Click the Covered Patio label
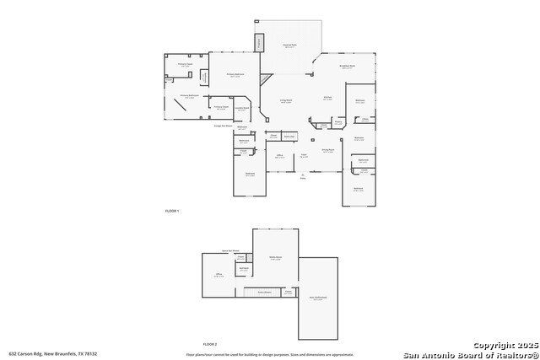(x=289, y=46)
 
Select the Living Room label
(x=287, y=100)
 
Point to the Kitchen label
(x=327, y=98)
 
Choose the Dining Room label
(x=328, y=150)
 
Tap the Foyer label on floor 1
(x=303, y=155)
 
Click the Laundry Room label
(x=241, y=109)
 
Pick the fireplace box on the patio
(x=260, y=43)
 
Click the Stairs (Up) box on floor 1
(x=289, y=136)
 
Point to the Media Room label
(x=275, y=258)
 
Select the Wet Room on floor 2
(x=243, y=269)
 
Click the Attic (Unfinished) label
(x=317, y=298)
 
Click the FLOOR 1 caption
(x=172, y=210)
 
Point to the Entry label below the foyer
(x=303, y=176)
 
